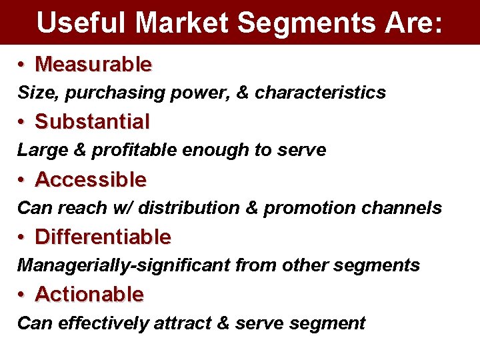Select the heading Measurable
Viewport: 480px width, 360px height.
point(93,65)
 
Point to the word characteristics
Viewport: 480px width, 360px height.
point(320,93)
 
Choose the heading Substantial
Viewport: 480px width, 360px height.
point(92,122)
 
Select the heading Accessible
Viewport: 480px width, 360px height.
point(91,179)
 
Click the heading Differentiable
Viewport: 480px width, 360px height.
point(103,237)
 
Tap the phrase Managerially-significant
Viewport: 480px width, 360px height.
point(124,265)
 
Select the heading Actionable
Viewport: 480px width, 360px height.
point(89,294)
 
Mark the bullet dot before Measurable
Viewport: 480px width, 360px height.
point(22,65)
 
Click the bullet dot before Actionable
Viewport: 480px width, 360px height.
point(22,295)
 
